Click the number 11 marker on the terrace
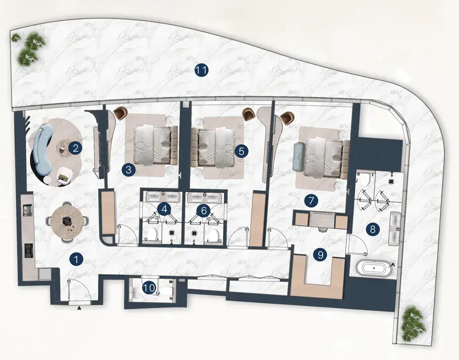pos(201,70)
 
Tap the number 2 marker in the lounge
pos(75,148)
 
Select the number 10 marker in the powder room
pos(149,288)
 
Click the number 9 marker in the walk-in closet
pos(320,255)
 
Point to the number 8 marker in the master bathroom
pos(373,229)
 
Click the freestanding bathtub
pos(374,268)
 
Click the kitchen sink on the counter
pos(28,209)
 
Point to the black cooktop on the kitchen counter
pos(29,251)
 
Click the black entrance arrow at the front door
pos(79,308)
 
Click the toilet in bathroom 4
pos(152,234)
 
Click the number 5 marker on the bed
pos(241,151)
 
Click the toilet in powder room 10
pos(166,291)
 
